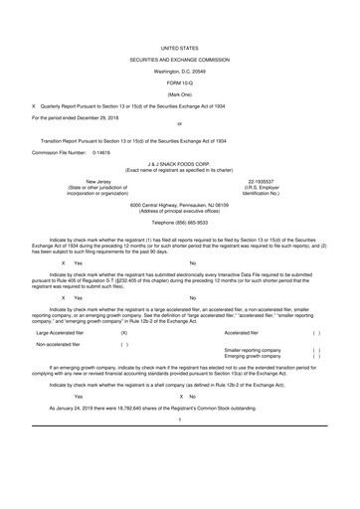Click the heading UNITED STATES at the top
[179, 47]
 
